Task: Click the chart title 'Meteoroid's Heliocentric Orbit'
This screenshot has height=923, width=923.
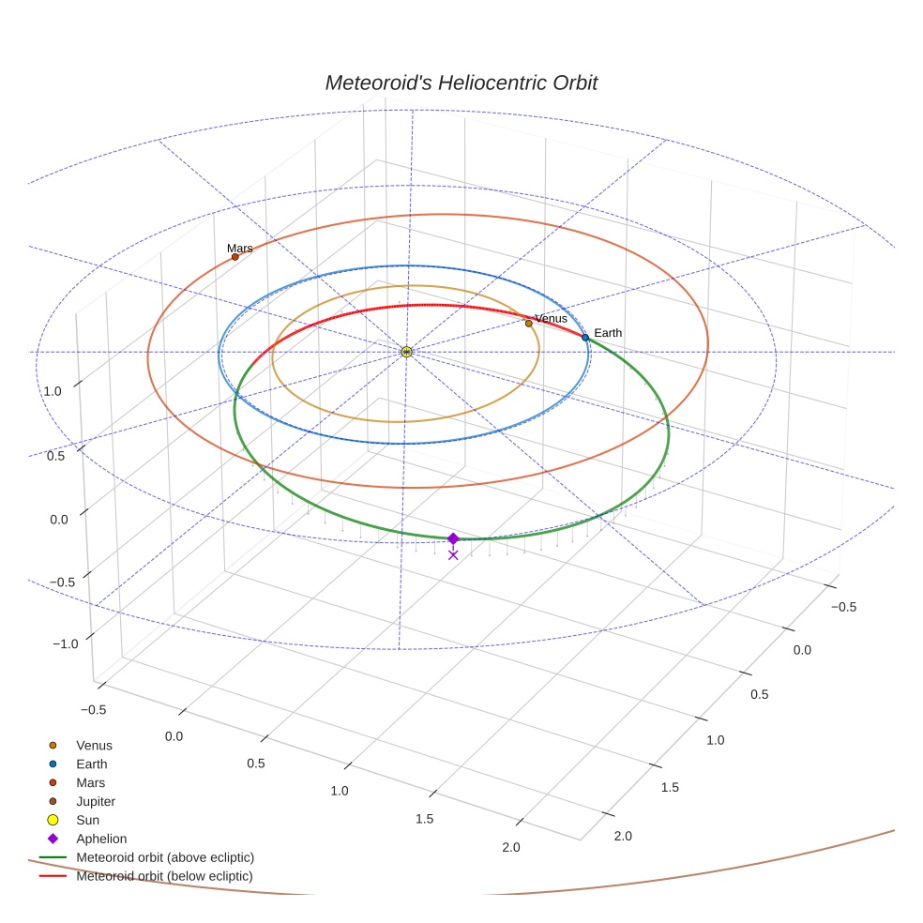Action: point(461,83)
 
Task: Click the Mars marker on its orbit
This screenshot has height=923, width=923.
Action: point(235,257)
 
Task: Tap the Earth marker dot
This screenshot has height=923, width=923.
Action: point(585,338)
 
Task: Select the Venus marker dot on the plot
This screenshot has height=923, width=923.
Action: point(528,324)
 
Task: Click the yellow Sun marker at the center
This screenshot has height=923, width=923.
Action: point(406,352)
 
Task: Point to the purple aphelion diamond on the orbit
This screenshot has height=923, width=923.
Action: point(453,538)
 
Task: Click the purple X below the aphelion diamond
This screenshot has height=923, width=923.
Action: point(453,555)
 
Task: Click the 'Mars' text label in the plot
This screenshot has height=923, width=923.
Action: point(239,249)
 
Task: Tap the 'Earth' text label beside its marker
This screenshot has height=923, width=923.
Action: point(608,333)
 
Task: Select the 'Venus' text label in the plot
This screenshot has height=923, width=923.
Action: point(551,319)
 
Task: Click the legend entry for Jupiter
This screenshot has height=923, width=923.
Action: point(96,801)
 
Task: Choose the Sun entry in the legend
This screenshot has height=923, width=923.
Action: point(88,820)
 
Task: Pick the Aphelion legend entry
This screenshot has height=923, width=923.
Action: point(101,839)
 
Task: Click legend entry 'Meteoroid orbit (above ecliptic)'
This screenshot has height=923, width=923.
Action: point(165,857)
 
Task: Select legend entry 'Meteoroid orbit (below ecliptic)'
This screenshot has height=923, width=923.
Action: point(165,876)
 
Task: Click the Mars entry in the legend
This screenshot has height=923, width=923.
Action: point(91,782)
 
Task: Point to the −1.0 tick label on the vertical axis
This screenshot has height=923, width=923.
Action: point(65,643)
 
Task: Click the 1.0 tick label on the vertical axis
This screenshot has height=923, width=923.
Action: point(53,390)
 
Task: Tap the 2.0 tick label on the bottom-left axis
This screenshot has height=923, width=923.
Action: point(511,847)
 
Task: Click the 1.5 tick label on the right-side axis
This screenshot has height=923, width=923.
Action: point(670,787)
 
